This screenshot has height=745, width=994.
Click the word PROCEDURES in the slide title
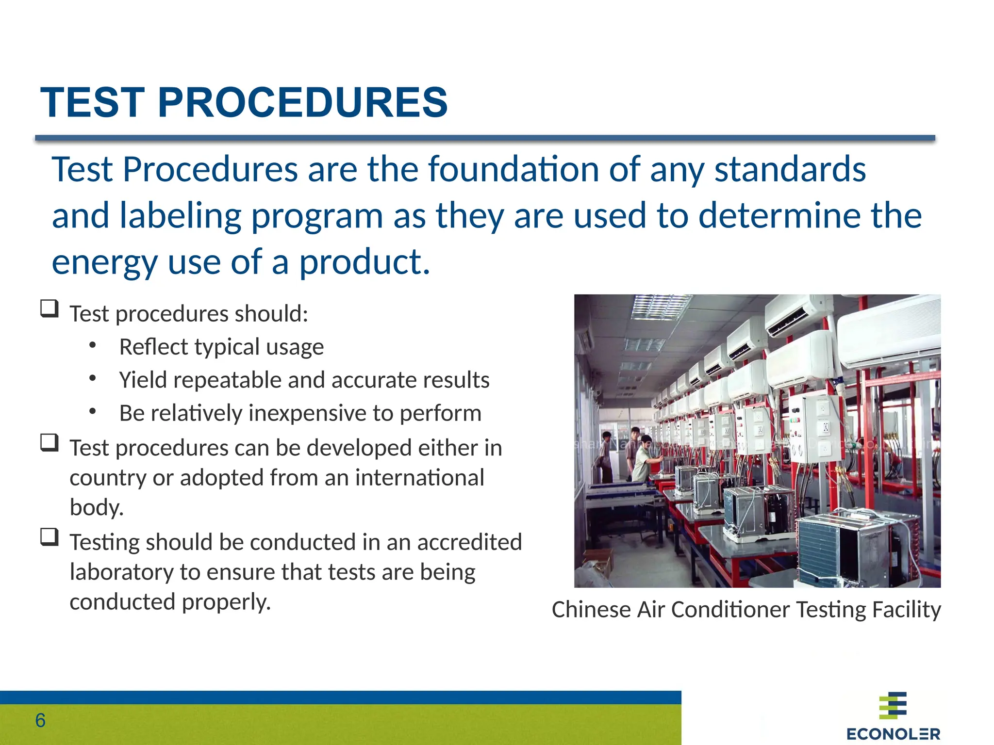click(x=302, y=102)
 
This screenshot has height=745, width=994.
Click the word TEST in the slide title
click(x=92, y=102)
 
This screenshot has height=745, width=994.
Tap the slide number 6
click(x=40, y=721)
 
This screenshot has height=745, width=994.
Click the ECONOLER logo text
click(x=893, y=734)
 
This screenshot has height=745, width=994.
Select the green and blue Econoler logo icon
click(x=893, y=706)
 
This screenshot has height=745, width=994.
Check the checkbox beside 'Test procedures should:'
click(x=50, y=308)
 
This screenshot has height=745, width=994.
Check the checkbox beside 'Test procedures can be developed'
click(x=50, y=442)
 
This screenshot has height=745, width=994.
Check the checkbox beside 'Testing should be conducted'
click(x=50, y=537)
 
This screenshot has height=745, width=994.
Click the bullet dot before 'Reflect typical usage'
click(x=93, y=346)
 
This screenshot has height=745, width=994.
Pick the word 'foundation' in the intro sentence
click(x=514, y=169)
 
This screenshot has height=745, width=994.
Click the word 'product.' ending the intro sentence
click(x=364, y=262)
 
